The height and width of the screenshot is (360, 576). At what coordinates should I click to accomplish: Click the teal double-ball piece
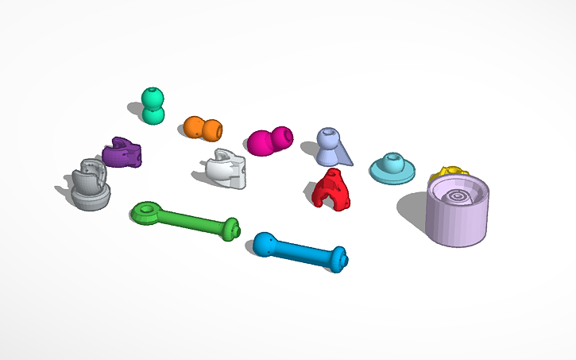[x=153, y=106]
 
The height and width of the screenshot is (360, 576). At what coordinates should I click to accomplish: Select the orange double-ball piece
[x=203, y=128]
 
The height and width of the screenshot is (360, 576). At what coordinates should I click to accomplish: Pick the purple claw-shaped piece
[x=123, y=152]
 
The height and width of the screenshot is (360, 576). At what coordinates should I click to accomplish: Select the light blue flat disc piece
[x=393, y=168]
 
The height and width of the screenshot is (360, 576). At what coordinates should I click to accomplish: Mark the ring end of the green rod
[x=145, y=211]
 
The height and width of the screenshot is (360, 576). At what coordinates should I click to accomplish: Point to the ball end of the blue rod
[x=265, y=245]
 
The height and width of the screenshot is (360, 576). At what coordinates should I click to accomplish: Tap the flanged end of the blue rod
[x=339, y=260]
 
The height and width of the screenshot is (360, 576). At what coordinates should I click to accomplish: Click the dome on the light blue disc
[x=391, y=161]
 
